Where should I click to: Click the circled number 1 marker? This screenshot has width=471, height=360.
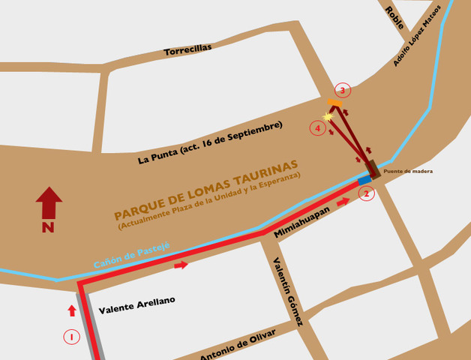click(70, 337)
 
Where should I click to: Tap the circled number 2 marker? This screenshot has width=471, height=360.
click(366, 194)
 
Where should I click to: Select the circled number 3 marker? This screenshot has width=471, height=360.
click(343, 91)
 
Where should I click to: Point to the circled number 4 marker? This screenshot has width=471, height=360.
click(318, 128)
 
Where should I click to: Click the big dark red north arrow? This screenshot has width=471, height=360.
click(49, 202)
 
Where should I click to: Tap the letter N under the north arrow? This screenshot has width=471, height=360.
click(49, 228)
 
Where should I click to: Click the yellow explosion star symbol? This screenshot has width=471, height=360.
click(328, 116)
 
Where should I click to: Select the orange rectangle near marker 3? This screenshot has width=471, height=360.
click(334, 102)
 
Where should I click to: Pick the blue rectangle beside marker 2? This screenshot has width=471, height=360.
click(364, 181)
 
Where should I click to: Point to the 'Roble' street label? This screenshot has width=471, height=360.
click(394, 17)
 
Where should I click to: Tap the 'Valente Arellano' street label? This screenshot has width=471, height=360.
click(136, 304)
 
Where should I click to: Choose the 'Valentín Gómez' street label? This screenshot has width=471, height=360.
click(288, 292)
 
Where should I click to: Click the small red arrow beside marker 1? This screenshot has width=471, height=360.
click(73, 310)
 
